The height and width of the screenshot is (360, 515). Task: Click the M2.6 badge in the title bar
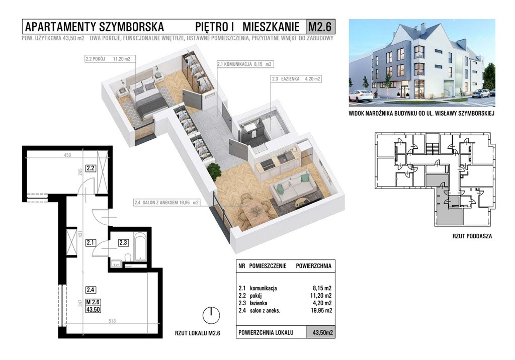[320, 27]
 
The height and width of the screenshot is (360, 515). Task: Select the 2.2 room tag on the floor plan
[91, 168]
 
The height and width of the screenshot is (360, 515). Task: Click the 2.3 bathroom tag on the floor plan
[123, 243]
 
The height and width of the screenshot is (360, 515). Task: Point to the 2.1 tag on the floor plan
[91, 243]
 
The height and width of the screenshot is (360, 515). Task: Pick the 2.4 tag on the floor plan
[91, 290]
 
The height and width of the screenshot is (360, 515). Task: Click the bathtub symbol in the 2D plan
[141, 247]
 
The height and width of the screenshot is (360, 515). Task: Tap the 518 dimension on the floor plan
[112, 321]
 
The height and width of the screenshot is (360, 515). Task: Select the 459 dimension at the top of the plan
[67, 155]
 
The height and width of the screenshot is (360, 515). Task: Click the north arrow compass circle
[211, 316]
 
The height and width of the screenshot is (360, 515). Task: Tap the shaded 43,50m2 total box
[321, 332]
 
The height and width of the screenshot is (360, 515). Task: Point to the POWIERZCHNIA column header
[314, 266]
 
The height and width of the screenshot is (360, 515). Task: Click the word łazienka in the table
[259, 303]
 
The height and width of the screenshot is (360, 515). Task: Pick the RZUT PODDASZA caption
[472, 236]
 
